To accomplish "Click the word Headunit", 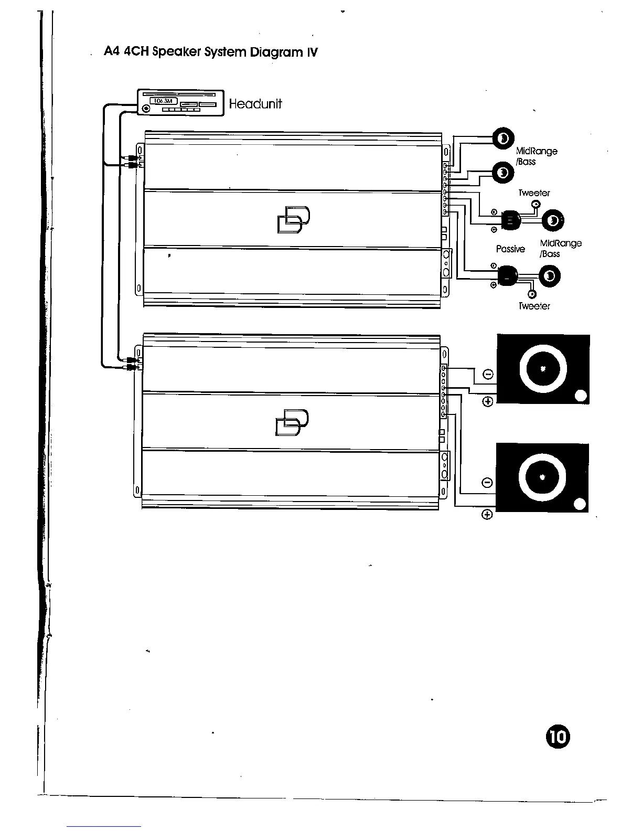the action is (255, 104).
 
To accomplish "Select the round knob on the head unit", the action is (146, 109).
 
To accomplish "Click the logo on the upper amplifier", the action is (293, 219).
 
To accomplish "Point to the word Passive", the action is (510, 249).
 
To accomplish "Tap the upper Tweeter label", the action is (534, 193).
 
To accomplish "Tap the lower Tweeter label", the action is (534, 306).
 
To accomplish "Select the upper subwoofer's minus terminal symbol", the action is (488, 374).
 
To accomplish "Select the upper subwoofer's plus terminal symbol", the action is (488, 402).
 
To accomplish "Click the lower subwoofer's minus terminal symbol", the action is (487, 483).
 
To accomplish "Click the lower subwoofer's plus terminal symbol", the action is (487, 514).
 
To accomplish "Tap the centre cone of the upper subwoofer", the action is (543, 368).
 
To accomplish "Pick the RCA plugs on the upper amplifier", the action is (133, 161).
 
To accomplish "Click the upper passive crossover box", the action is (510, 220).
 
